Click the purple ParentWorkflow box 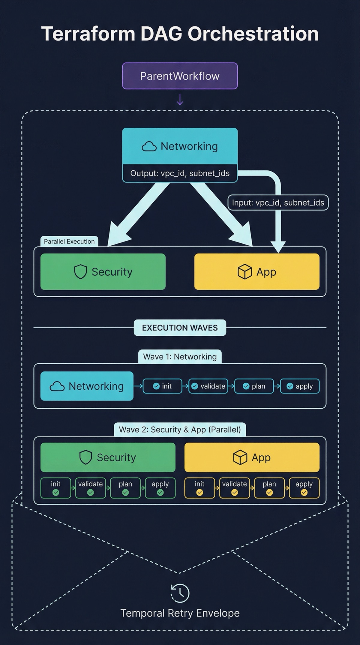click(x=180, y=76)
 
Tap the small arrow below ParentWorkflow click(x=180, y=100)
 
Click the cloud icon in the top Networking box click(x=149, y=146)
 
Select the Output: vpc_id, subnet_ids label click(x=180, y=173)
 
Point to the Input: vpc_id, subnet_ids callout click(x=278, y=202)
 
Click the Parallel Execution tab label click(x=69, y=241)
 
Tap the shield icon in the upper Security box click(x=80, y=272)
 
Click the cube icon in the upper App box click(x=244, y=272)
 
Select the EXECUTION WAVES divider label click(x=180, y=328)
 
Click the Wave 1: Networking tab click(x=180, y=357)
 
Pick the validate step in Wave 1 click(x=208, y=386)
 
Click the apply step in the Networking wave click(x=300, y=386)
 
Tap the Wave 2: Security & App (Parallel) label click(x=180, y=430)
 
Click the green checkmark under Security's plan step click(x=125, y=492)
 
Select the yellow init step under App click(x=199, y=488)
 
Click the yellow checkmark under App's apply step click(x=304, y=492)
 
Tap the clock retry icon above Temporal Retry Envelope click(x=180, y=593)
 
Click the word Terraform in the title click(x=88, y=34)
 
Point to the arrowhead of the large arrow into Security click(x=115, y=237)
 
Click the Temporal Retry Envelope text click(x=180, y=613)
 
